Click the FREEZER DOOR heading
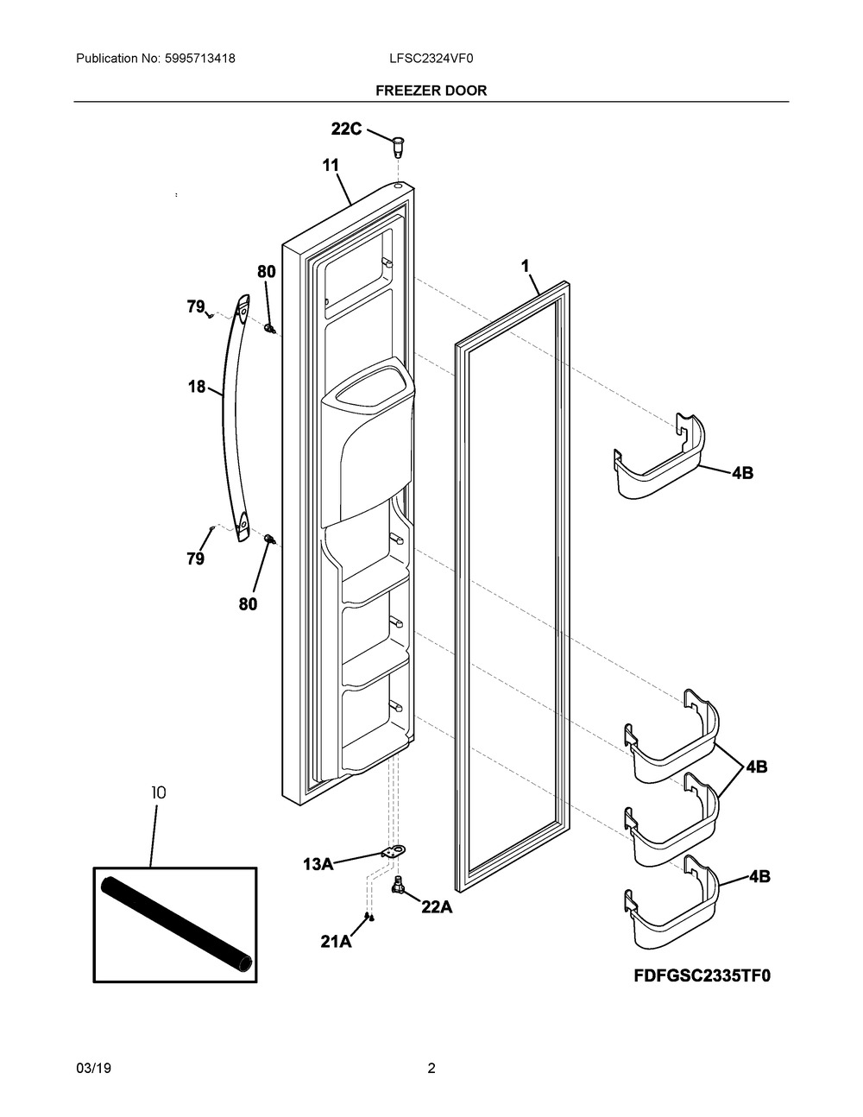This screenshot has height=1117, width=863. click(x=431, y=91)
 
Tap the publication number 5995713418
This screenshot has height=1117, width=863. click(x=200, y=59)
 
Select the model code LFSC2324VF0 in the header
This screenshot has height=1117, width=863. click(x=431, y=59)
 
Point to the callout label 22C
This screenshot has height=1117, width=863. click(x=346, y=129)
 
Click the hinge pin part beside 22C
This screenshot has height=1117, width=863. click(x=397, y=147)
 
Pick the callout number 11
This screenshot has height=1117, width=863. click(x=331, y=166)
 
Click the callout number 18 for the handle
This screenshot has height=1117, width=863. click(x=197, y=386)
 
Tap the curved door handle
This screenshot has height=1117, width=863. click(x=236, y=418)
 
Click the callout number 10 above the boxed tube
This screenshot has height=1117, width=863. click(x=159, y=793)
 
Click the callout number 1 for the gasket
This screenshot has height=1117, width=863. click(x=525, y=266)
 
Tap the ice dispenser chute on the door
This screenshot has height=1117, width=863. click(x=368, y=442)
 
